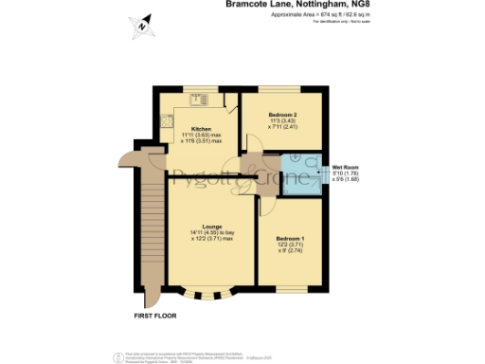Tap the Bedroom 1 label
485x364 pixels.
[x=291, y=237]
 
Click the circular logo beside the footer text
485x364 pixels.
[x=119, y=355]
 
